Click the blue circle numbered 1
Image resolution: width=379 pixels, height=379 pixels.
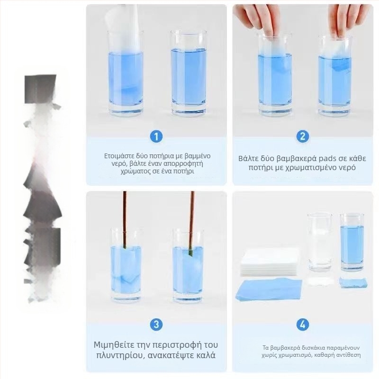click(x=156, y=136)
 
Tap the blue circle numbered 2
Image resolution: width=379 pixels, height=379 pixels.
click(x=303, y=136)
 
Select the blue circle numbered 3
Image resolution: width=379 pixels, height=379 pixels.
click(x=156, y=325)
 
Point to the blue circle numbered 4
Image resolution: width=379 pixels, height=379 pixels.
click(x=303, y=325)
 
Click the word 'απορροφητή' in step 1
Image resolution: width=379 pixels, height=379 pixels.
click(x=183, y=164)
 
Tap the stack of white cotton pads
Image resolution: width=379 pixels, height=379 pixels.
click(x=270, y=263)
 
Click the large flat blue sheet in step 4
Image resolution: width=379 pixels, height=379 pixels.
click(x=270, y=289)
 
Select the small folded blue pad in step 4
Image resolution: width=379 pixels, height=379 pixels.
click(x=353, y=282)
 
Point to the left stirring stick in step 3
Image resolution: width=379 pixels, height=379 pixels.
click(x=125, y=219)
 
